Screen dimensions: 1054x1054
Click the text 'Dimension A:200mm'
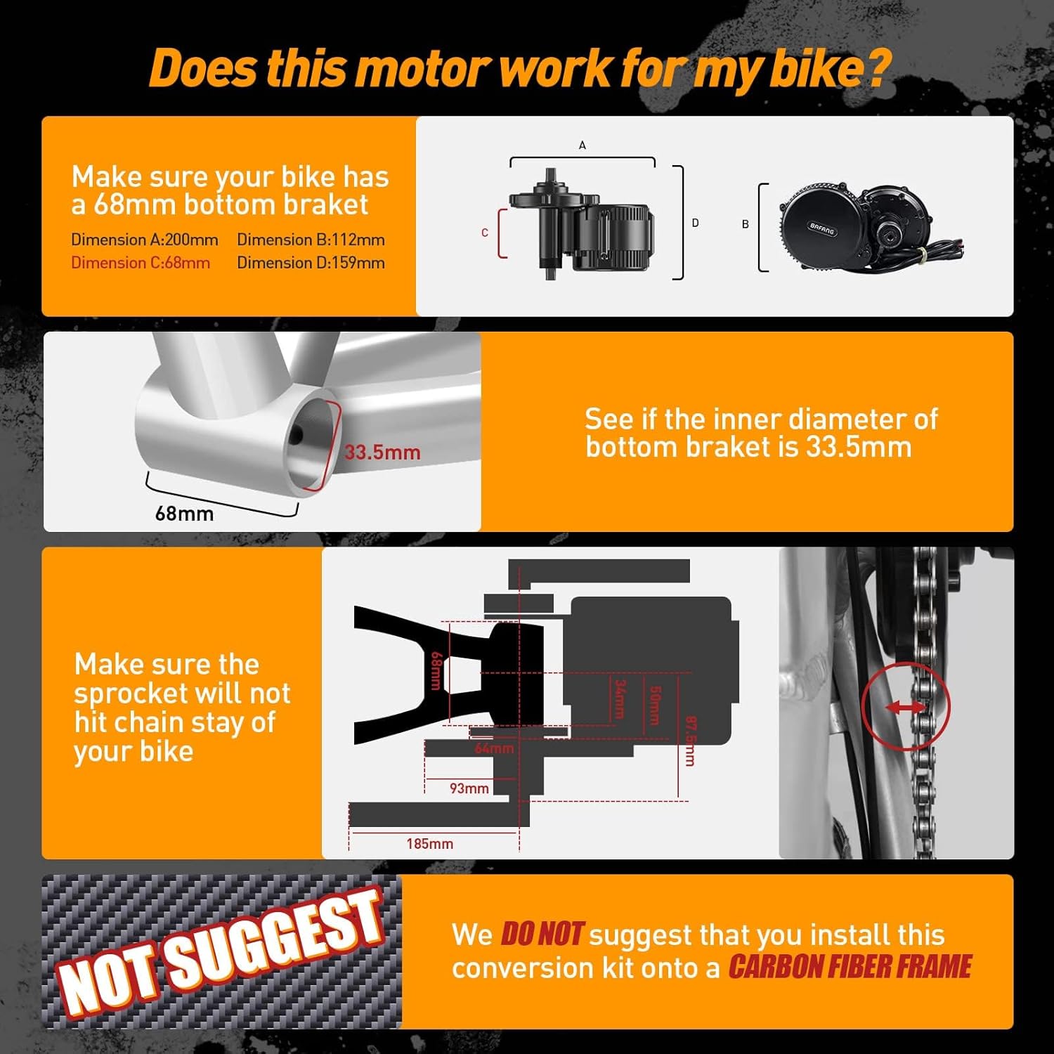click(145, 240)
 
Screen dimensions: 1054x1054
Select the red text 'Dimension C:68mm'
click(141, 263)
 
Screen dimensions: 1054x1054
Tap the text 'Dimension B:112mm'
click(311, 240)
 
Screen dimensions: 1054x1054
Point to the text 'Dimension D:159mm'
click(311, 263)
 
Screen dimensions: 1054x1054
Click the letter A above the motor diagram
click(582, 145)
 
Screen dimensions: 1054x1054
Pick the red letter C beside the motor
click(485, 233)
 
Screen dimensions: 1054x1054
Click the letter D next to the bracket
click(695, 223)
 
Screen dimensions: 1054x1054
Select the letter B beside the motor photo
click(746, 224)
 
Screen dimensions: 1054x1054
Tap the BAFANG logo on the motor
click(821, 228)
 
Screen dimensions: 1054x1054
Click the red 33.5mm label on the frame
click(382, 452)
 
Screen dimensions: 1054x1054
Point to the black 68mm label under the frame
click(184, 514)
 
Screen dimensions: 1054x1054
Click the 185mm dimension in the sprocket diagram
click(429, 843)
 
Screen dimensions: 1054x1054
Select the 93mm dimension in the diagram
click(469, 788)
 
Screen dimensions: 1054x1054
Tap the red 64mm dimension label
click(494, 748)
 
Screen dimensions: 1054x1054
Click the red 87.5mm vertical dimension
click(690, 741)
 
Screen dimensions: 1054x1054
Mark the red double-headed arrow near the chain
click(905, 708)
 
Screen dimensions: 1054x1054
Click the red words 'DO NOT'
click(541, 935)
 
